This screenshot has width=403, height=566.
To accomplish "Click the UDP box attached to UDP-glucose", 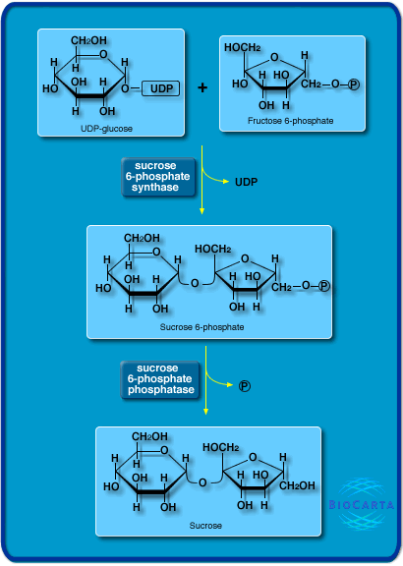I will click(160, 89).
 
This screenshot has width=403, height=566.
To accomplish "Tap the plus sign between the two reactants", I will click(202, 88).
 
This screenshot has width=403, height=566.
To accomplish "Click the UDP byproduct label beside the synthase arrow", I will click(247, 183).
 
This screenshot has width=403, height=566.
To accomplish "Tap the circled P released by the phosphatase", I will click(245, 385).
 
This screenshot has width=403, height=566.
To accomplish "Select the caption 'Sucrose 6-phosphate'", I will click(201, 325).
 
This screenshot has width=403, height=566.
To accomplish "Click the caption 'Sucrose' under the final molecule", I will click(206, 526).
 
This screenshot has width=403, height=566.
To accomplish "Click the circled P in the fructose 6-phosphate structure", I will click(354, 85).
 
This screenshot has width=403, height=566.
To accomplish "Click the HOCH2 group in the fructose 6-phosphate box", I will click(242, 48).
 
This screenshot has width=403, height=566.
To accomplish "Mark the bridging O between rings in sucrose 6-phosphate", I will click(195, 284).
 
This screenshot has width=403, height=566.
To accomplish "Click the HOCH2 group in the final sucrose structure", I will click(222, 448).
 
